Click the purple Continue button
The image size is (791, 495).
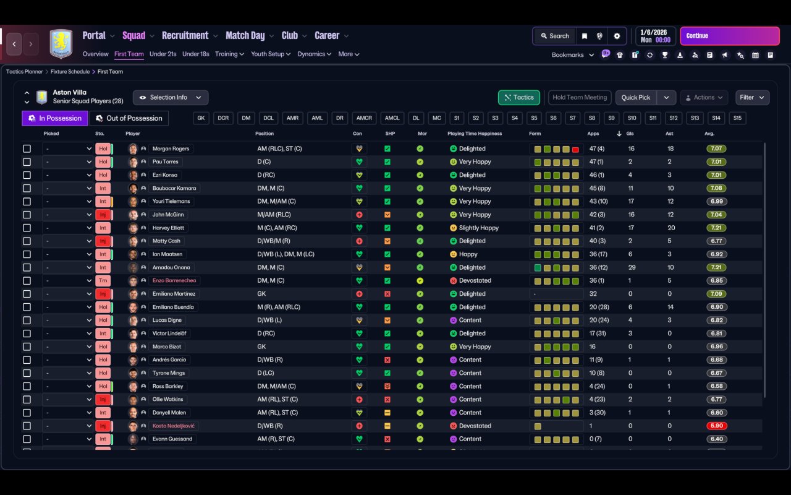[729, 36]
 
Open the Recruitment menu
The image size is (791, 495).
[185, 36]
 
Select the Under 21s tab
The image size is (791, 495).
[163, 54]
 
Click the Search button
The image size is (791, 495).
[554, 36]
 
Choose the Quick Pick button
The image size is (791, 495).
[635, 98]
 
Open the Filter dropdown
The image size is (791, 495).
[751, 98]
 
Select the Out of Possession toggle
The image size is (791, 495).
[129, 118]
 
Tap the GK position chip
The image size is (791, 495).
[201, 118]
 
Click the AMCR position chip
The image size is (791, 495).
[364, 118]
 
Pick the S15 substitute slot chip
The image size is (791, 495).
[737, 118]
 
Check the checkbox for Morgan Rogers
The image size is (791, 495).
[27, 149]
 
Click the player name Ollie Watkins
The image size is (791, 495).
[167, 400]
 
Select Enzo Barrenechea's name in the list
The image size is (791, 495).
[174, 281]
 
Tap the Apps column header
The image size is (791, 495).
[593, 134]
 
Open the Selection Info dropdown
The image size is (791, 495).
[170, 98]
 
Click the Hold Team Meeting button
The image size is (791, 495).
[579, 98]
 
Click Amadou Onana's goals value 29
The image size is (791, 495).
[632, 268]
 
